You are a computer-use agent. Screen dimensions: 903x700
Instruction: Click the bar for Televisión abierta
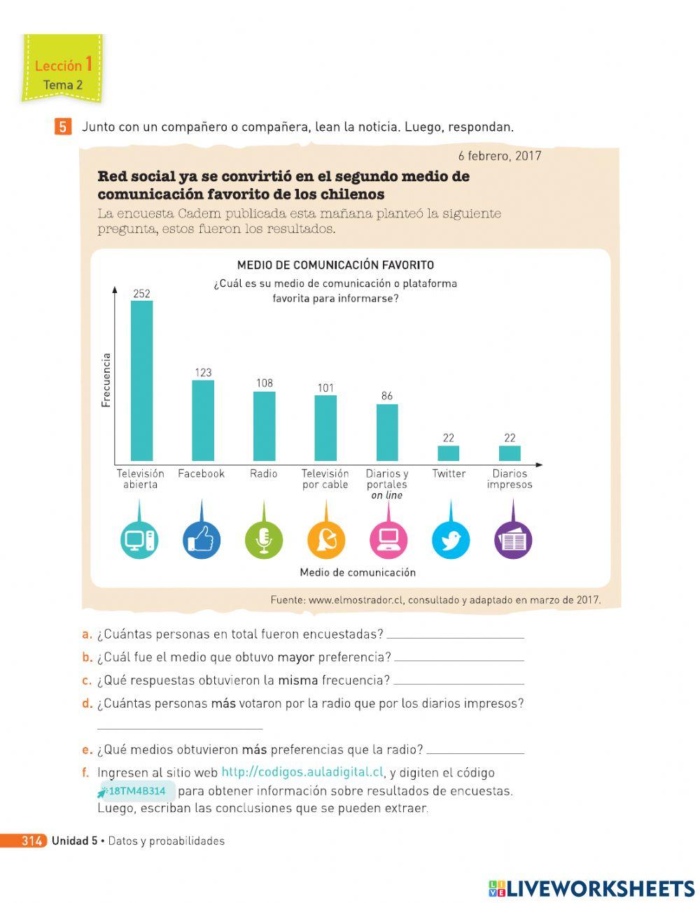pos(141,381)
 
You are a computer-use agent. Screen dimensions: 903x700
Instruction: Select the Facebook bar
pos(203,420)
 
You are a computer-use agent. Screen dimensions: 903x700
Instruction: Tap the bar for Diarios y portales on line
pos(387,432)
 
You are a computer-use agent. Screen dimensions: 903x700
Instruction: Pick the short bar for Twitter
pos(449,453)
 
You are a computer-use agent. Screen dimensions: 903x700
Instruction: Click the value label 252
pos(141,294)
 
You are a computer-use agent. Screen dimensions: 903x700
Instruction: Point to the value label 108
pos(264,383)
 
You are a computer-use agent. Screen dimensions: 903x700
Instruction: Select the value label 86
pos(387,396)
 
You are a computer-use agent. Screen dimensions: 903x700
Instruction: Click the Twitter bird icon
pos(450,540)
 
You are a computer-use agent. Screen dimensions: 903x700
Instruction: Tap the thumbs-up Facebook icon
pos(202,540)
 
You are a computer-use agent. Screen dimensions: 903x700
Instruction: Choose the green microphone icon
pos(264,540)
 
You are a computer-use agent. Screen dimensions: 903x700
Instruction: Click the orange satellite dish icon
pos(326,540)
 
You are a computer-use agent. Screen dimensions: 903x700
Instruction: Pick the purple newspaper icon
pos(513,540)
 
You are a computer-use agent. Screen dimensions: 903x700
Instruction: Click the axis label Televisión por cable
pos(325,479)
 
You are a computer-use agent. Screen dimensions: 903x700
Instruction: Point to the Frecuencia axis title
pos(106,380)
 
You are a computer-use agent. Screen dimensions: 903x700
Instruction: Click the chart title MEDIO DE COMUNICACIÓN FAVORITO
pos(335,265)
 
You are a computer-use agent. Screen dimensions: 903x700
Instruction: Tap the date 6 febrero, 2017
pos(500,156)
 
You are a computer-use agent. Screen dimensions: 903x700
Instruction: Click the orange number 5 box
pos(63,127)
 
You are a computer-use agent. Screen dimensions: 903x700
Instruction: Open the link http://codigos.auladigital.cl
pos(302,773)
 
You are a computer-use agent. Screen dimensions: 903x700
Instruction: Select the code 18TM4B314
pos(137,791)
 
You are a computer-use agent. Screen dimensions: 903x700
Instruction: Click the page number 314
pos(31,841)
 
